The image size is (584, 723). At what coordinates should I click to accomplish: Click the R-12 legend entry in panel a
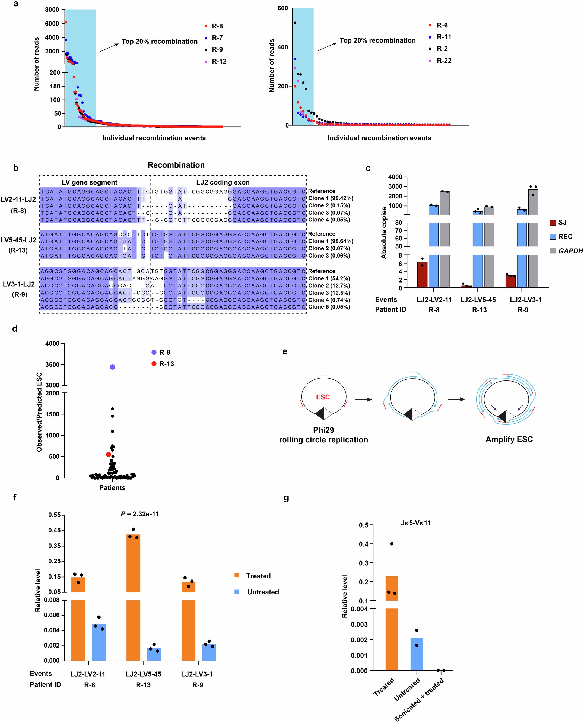(219, 61)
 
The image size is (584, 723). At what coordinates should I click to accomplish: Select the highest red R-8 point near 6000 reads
(66, 22)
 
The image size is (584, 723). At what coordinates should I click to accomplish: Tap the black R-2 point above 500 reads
(295, 23)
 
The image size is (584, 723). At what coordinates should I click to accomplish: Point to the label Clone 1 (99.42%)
(330, 198)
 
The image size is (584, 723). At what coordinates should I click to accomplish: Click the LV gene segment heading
(90, 182)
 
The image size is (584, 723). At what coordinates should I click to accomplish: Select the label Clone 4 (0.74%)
(329, 300)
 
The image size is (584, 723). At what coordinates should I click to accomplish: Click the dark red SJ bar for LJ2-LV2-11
(422, 275)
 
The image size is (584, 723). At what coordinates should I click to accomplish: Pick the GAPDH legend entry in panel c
(570, 251)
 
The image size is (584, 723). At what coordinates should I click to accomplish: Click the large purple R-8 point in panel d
(112, 367)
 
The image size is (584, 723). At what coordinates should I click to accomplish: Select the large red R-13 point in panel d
(108, 455)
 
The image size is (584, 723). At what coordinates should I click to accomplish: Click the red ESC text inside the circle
(323, 397)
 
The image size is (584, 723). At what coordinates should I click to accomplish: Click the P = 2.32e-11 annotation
(139, 514)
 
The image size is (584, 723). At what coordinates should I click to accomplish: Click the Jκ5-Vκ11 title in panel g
(415, 523)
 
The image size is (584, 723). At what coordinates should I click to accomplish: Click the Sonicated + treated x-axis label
(419, 700)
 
